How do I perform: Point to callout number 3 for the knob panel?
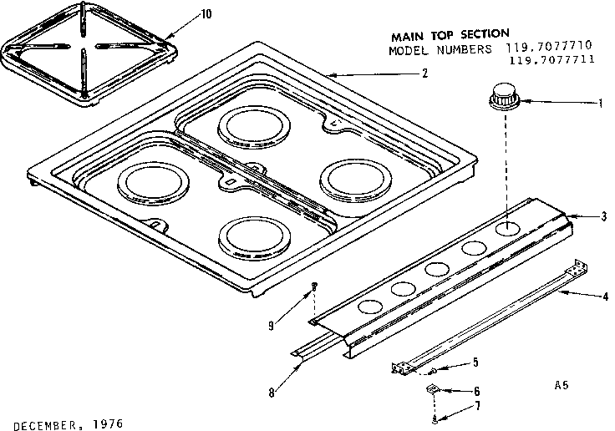point(603,217)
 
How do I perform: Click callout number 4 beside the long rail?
point(604,297)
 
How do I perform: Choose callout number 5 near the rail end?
point(475,362)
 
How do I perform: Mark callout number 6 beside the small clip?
point(476,390)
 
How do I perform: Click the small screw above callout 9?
point(313,286)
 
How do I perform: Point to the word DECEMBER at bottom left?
point(42,423)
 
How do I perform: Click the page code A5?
point(562,386)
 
